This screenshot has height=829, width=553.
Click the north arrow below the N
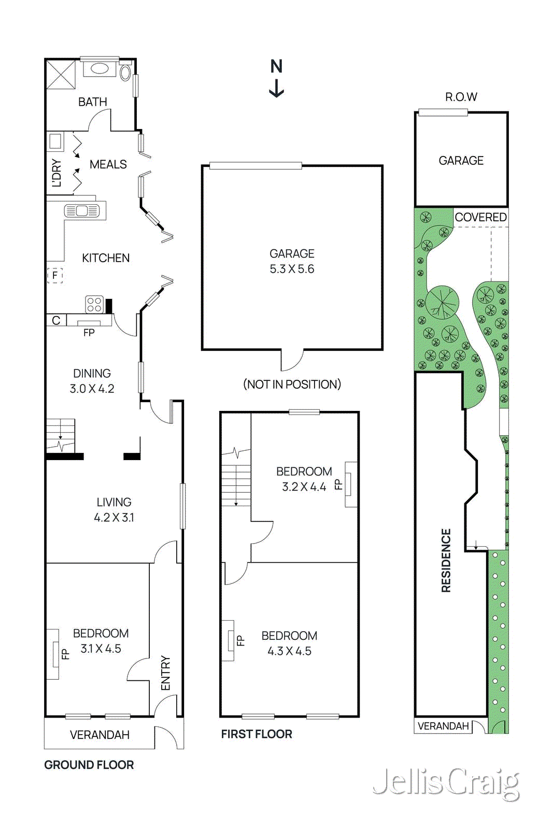point(276,88)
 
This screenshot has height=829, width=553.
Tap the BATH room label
point(93,102)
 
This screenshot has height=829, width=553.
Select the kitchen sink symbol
point(82,211)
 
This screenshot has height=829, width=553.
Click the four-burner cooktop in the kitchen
point(94,304)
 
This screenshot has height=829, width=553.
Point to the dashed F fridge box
point(55,275)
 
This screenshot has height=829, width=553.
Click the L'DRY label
point(56,173)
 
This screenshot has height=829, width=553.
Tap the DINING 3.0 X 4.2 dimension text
point(92,389)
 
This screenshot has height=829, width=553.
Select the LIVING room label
point(114,502)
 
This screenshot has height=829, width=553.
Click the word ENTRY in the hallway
point(166,673)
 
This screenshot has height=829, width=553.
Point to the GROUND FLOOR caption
point(89,765)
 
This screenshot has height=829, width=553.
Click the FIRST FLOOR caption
point(257,734)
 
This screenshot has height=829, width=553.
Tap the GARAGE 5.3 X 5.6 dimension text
point(292,269)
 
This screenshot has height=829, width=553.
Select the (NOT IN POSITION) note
point(292,384)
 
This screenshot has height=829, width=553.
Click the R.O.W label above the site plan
point(461,97)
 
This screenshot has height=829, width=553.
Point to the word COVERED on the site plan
point(480,217)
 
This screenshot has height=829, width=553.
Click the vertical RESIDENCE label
point(446,560)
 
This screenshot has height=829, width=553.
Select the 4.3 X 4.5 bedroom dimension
point(289,651)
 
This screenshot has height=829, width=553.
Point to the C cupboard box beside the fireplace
point(56,320)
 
